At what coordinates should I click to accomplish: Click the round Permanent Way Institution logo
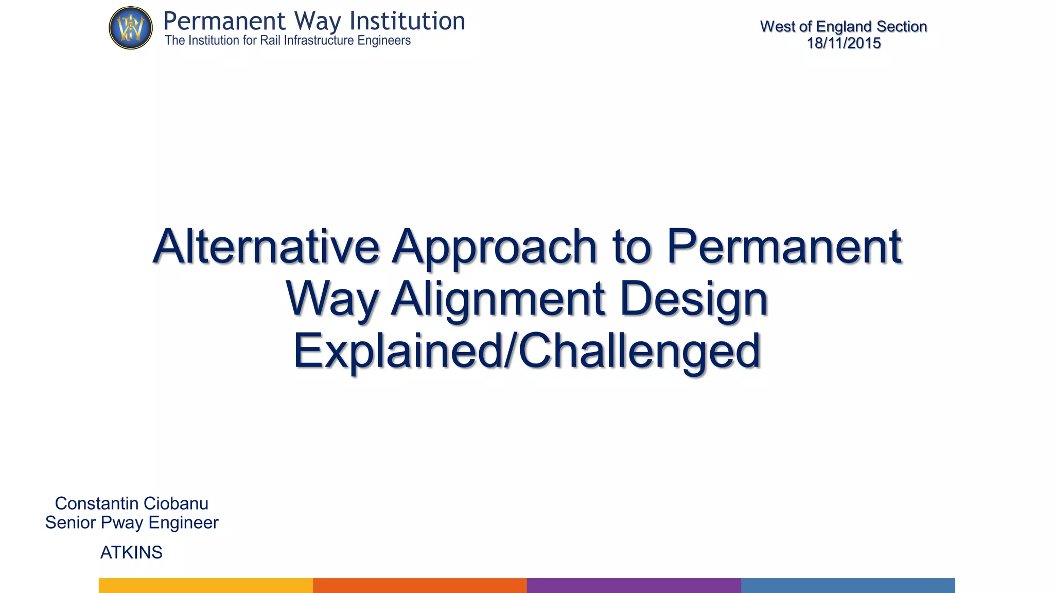131,28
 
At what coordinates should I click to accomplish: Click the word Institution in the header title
407,22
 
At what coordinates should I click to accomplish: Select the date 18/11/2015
844,43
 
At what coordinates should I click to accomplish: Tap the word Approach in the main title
494,248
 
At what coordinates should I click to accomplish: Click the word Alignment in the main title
498,300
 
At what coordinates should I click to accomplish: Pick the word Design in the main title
694,300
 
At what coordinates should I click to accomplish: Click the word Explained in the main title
397,352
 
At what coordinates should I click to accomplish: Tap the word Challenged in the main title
639,351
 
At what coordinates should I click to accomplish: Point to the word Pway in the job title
122,523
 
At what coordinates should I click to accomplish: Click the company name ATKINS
131,552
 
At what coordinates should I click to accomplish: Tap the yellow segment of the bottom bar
206,585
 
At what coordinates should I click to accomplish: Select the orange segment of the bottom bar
420,585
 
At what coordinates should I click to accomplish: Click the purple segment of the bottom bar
634,585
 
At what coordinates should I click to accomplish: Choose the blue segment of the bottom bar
848,585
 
